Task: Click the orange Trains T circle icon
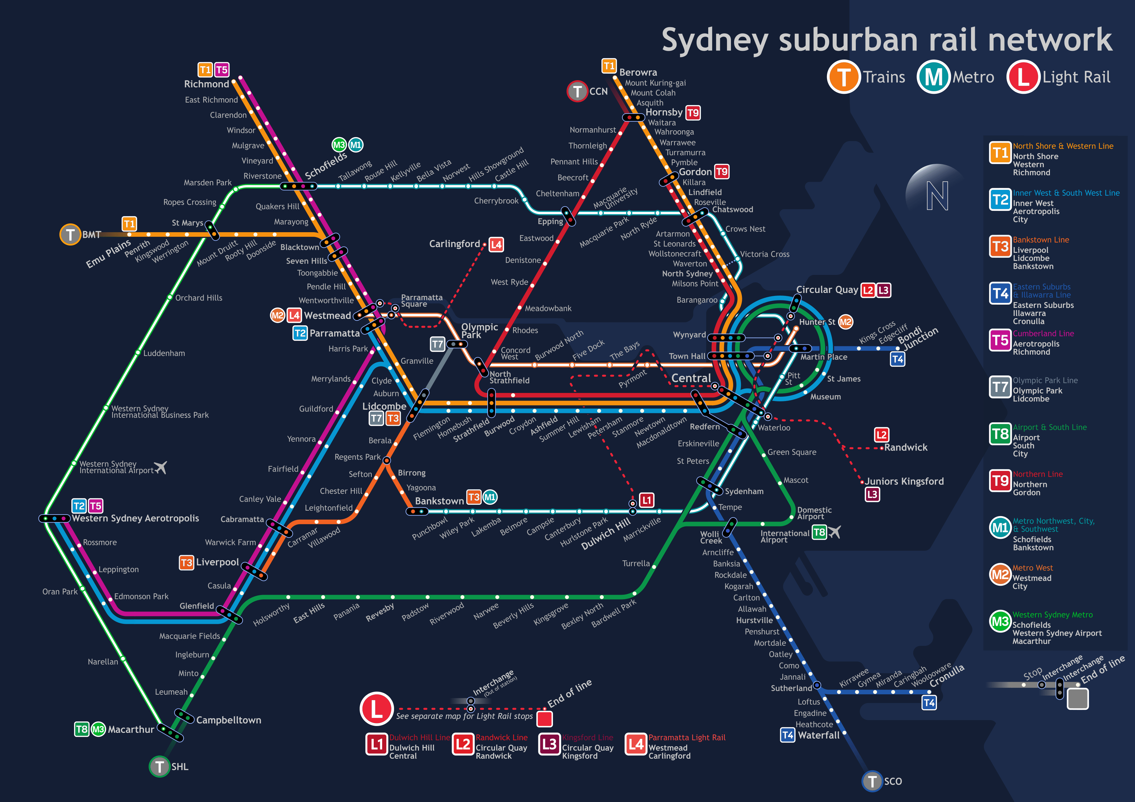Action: click(x=843, y=77)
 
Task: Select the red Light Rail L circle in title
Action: click(x=1023, y=77)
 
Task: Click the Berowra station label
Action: click(x=638, y=72)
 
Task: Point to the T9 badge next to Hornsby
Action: click(x=693, y=113)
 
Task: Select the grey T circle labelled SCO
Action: click(x=872, y=781)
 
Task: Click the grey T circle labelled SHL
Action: click(x=159, y=766)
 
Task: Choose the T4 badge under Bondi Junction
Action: click(x=897, y=359)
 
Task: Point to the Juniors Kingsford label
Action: click(x=904, y=481)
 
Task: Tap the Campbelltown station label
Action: click(x=228, y=720)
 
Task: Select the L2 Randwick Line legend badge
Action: click(x=463, y=744)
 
